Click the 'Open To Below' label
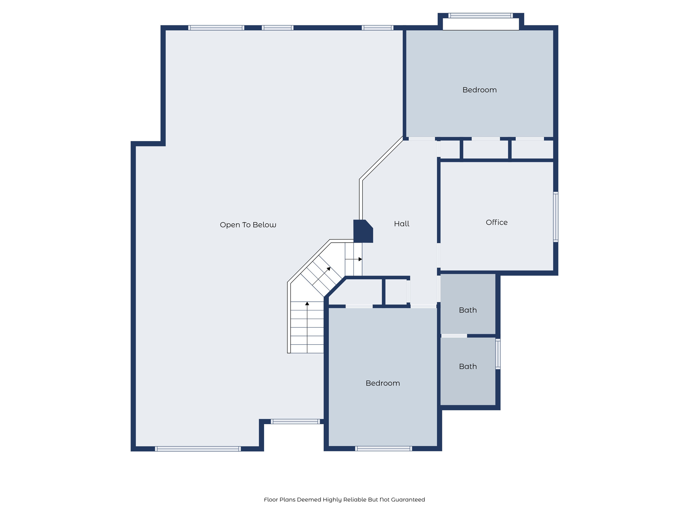pos(248,225)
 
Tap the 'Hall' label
pos(402,224)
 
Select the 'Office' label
pos(497,222)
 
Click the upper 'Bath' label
pos(468,310)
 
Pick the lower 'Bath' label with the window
pos(468,367)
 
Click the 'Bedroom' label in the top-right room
pos(479,90)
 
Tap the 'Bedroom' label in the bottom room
pos(383,383)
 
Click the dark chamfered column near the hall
pos(362,231)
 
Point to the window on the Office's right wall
pos(555,217)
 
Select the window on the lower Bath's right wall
pos(498,354)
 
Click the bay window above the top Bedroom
pos(480,15)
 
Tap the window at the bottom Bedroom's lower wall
pos(383,448)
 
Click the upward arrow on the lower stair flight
pos(307,304)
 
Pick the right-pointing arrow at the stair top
pos(360,259)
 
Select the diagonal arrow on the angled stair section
pos(328,269)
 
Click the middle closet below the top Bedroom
pos(485,149)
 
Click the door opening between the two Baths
pos(454,336)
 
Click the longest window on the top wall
pos(216,28)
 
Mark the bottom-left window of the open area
pos(198,449)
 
